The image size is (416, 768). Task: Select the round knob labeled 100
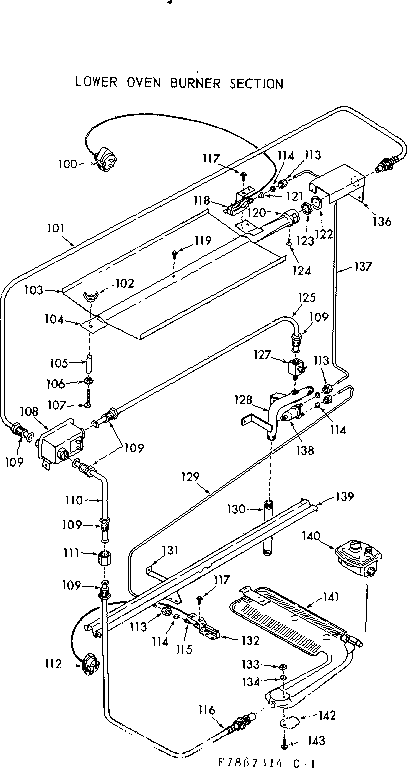click(x=103, y=158)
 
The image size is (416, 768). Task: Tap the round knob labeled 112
click(x=86, y=661)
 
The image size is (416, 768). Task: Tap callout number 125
click(x=305, y=298)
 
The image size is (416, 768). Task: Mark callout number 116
click(x=206, y=710)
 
